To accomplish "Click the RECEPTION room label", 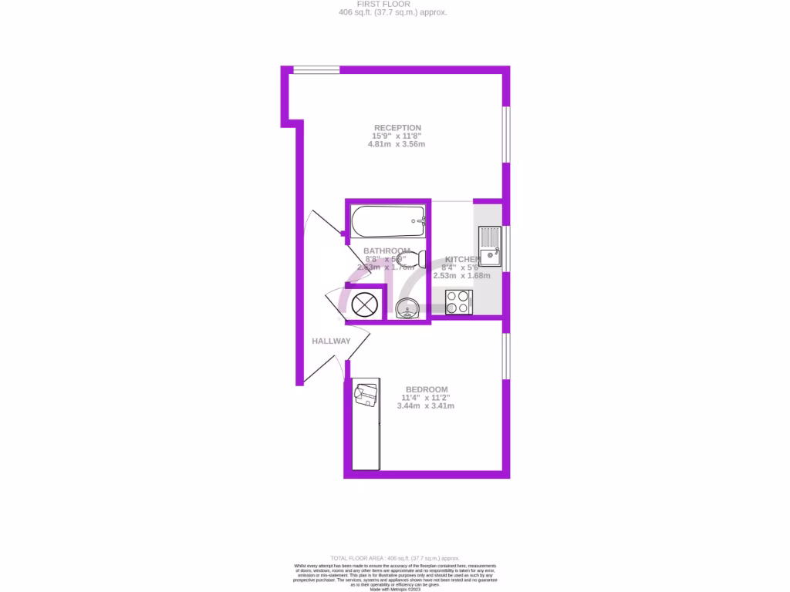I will [397, 128].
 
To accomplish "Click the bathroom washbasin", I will [407, 310].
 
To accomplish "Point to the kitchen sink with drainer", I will [490, 246].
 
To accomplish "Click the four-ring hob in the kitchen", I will [459, 301].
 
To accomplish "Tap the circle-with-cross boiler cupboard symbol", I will [363, 304].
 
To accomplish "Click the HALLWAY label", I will [331, 341].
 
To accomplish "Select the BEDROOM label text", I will [427, 389].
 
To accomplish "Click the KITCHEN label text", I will [463, 259].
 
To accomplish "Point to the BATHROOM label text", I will [387, 251].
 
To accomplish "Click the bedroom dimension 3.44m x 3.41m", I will [425, 405].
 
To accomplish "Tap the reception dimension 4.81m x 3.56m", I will [397, 144].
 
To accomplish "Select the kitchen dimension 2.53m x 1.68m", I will [461, 275].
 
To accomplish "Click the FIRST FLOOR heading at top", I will [393, 4].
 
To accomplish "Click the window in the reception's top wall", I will [316, 70].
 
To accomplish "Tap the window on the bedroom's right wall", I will [506, 355].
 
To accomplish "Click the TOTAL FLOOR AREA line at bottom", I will [394, 558].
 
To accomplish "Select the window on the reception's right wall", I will [506, 134].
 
